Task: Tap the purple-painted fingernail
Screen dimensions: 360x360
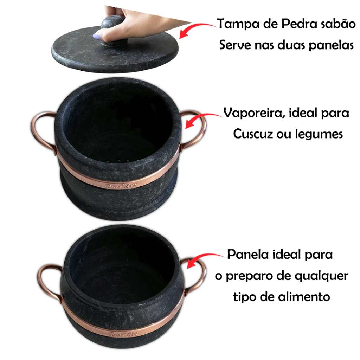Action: point(97,36)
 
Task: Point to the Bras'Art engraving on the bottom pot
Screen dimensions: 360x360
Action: point(124,334)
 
